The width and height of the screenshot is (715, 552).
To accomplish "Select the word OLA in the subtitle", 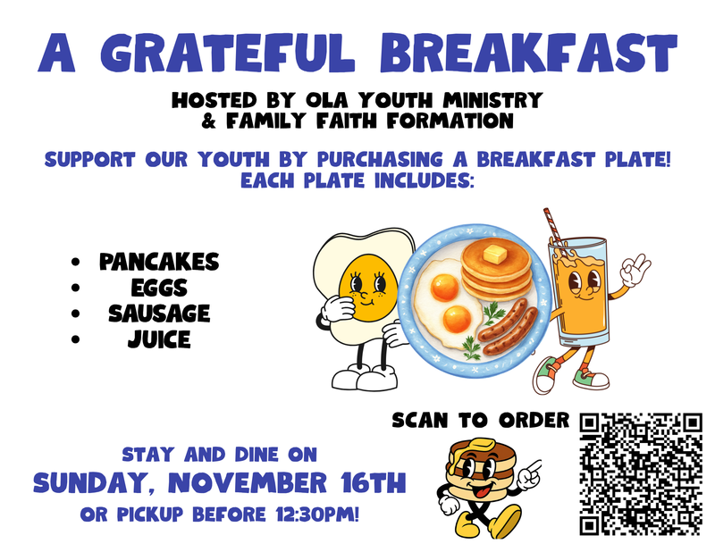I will (324, 98).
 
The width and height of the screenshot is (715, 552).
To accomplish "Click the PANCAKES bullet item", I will (158, 263).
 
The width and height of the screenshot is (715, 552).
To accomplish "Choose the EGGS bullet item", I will (158, 288).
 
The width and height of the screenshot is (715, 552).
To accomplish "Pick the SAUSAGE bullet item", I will (158, 314).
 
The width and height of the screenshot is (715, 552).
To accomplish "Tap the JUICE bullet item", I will (158, 339).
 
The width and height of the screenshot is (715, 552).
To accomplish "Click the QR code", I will (641, 472).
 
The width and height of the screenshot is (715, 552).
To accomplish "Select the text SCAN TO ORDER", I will (480, 419).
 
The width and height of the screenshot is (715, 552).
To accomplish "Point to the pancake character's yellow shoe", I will (507, 519).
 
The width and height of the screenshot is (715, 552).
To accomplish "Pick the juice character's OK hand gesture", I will (636, 267).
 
